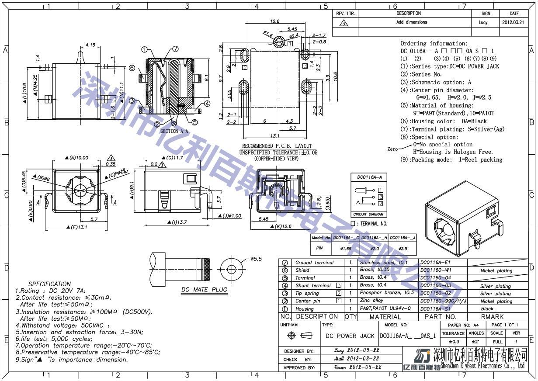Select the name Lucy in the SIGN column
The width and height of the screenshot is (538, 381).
tap(483, 22)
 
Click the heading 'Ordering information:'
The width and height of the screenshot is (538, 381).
tap(434, 44)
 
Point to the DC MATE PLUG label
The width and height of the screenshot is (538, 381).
tap(204, 290)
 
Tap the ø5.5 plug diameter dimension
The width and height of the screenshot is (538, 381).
tap(256, 259)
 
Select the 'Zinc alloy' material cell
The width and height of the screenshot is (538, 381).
tap(371, 301)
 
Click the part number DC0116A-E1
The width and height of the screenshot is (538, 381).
tap(435, 263)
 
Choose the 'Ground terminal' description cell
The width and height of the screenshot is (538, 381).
tap(314, 263)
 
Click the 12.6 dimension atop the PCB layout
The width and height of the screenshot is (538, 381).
tap(274, 21)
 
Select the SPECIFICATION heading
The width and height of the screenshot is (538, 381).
tap(49, 284)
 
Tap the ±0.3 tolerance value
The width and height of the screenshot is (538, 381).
tap(453, 341)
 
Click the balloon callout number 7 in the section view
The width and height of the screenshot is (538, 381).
tap(175, 49)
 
